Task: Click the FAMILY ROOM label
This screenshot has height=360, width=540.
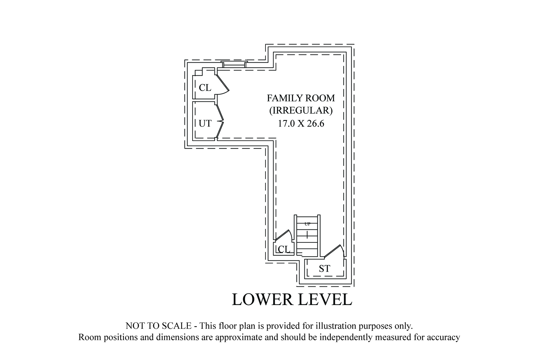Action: click(x=301, y=98)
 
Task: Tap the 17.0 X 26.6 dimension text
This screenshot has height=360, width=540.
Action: click(x=301, y=123)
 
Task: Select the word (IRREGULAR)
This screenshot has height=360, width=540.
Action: click(x=301, y=111)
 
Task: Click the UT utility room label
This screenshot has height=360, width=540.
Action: click(x=205, y=123)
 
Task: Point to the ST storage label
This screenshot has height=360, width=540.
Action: click(x=324, y=268)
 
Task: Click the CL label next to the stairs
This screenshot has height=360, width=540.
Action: click(x=284, y=249)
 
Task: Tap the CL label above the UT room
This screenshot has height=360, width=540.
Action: click(x=205, y=88)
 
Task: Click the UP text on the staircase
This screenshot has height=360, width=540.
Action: click(x=307, y=224)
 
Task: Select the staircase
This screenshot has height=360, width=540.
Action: click(x=307, y=235)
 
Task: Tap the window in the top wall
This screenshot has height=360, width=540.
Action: click(x=234, y=64)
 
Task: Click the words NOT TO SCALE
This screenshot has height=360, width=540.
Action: click(x=158, y=326)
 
